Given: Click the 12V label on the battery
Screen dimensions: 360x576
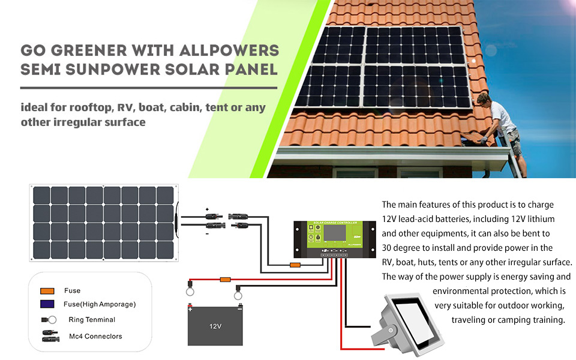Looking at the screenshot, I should (215, 327).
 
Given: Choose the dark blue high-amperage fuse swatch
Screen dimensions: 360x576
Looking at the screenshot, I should (48, 304).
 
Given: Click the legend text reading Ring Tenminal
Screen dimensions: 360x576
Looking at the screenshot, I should (92, 320).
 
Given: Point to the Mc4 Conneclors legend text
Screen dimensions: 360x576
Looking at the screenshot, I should (95, 336).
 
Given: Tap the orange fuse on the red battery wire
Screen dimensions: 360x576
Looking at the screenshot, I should (225, 279).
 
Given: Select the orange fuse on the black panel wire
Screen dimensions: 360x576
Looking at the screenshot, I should (295, 265).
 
